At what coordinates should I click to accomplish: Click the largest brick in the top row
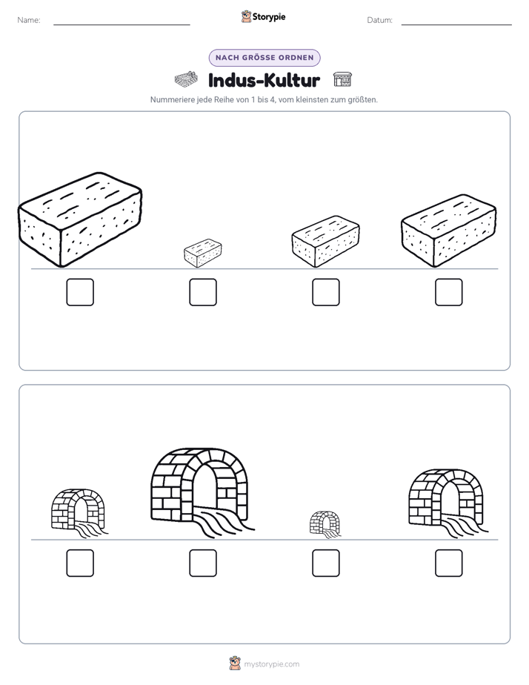click(80, 219)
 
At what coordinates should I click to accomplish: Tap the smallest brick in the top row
click(203, 253)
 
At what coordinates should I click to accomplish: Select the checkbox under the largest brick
click(80, 292)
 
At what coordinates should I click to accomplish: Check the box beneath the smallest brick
click(203, 292)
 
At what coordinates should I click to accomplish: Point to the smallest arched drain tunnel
click(325, 523)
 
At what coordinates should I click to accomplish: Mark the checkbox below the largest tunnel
click(203, 563)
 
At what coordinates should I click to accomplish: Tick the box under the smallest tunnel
click(326, 563)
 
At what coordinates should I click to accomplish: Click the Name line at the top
click(122, 24)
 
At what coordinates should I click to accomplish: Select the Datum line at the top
click(456, 24)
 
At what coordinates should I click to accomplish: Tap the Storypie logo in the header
click(263, 16)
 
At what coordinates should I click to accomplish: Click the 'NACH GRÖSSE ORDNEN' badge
click(264, 58)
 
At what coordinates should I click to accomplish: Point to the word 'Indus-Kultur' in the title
click(264, 80)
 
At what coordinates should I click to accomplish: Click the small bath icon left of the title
click(186, 79)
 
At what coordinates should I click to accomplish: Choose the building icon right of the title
click(342, 79)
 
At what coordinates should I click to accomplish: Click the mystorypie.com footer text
click(271, 664)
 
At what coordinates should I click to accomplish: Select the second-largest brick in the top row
click(449, 231)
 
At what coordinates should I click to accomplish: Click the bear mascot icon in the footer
click(235, 664)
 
